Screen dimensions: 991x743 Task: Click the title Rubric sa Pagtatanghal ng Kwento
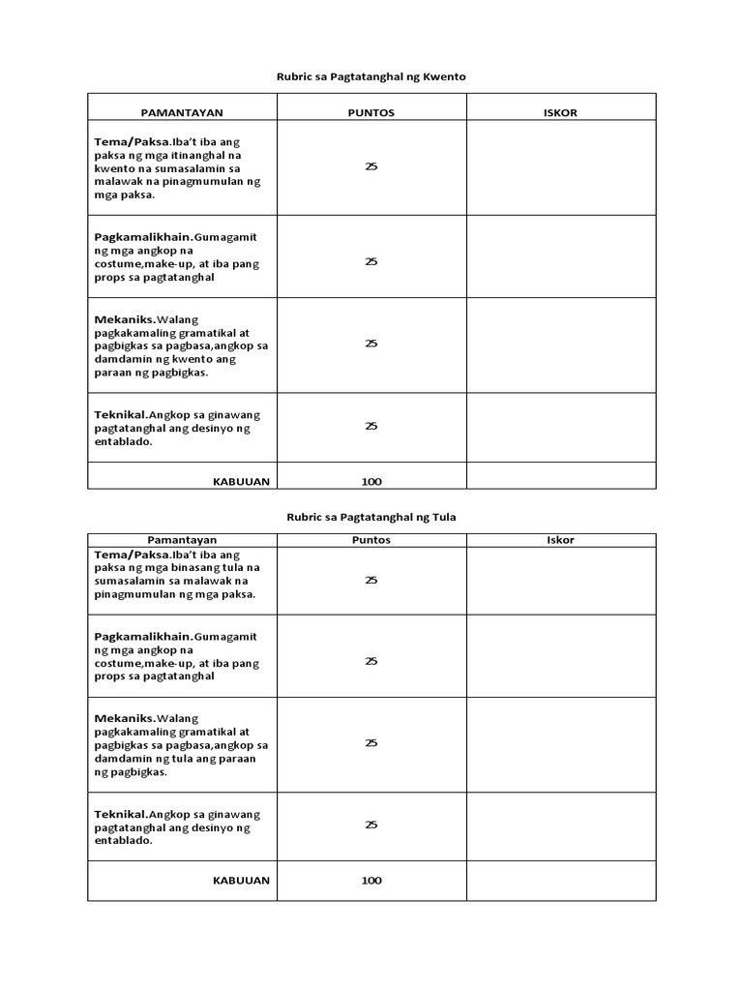(x=371, y=75)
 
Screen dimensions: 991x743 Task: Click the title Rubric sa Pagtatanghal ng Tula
(x=371, y=517)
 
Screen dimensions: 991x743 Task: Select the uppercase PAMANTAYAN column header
(x=182, y=112)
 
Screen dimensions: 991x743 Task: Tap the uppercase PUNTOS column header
(x=371, y=112)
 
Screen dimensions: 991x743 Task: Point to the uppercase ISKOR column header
(x=561, y=112)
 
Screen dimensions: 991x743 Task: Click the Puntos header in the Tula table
(x=371, y=540)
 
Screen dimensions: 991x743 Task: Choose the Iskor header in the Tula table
(x=561, y=540)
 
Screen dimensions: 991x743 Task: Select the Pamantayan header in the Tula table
(x=182, y=540)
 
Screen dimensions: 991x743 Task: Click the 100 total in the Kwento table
(x=371, y=481)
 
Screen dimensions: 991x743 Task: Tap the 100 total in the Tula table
(x=371, y=881)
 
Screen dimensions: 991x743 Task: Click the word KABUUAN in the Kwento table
(x=241, y=481)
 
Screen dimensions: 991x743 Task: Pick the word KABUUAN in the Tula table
(x=241, y=881)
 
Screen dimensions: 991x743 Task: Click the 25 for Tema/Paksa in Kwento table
(x=371, y=166)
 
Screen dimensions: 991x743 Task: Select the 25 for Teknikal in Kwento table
(x=371, y=426)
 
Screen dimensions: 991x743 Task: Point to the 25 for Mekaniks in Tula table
(x=371, y=743)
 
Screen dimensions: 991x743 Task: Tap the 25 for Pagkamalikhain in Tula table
(x=371, y=661)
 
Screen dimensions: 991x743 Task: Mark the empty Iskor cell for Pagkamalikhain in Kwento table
(x=561, y=255)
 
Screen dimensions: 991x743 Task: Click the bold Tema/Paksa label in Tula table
(x=132, y=554)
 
